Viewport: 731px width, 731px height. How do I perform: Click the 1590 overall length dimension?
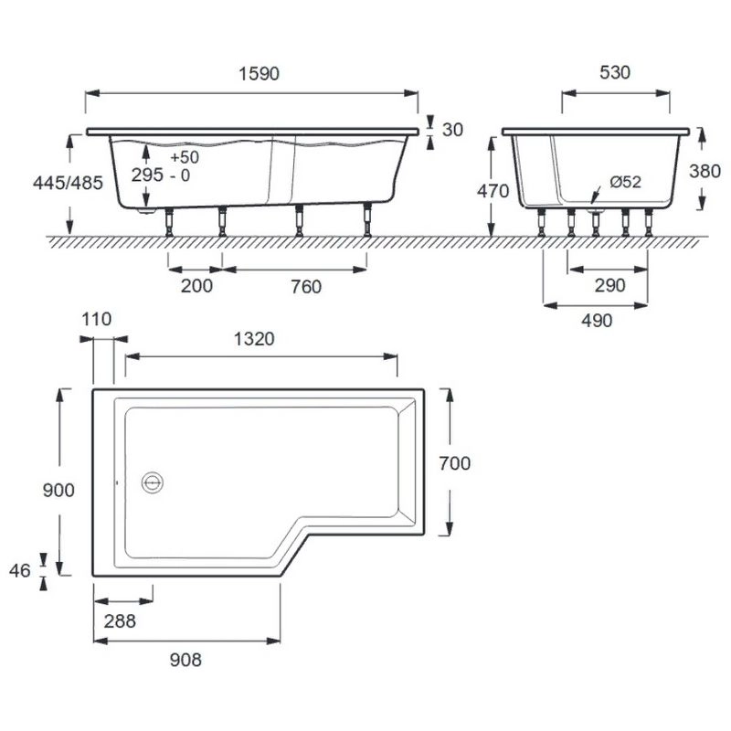tap(259, 74)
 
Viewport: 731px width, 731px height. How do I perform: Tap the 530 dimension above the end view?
tap(615, 72)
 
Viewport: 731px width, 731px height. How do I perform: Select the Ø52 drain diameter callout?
tap(626, 181)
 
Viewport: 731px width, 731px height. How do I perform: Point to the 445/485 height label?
tap(68, 183)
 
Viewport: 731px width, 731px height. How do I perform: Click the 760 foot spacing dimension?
tap(306, 287)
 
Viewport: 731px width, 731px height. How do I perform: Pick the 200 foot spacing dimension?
tap(196, 286)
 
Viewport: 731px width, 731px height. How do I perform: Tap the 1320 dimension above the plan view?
tap(254, 339)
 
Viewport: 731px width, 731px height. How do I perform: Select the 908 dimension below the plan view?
tap(185, 660)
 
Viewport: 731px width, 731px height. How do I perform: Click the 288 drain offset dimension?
tap(120, 621)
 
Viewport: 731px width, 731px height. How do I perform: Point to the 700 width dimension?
tap(454, 463)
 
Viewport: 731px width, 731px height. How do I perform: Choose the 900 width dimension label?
tap(58, 491)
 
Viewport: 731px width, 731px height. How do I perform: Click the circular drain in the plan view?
tap(153, 482)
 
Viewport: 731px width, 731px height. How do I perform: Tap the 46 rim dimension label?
tap(19, 570)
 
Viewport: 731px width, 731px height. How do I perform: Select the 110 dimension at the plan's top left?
tap(97, 319)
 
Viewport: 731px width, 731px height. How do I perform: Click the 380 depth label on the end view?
tap(705, 171)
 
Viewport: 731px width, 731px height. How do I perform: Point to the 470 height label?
tap(493, 191)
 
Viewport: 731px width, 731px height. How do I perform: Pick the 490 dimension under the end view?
tap(597, 321)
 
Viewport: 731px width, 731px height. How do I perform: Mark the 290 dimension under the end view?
tap(609, 285)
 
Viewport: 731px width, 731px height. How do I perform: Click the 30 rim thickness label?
tap(452, 130)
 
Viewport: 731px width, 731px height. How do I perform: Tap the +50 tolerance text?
tap(185, 157)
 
